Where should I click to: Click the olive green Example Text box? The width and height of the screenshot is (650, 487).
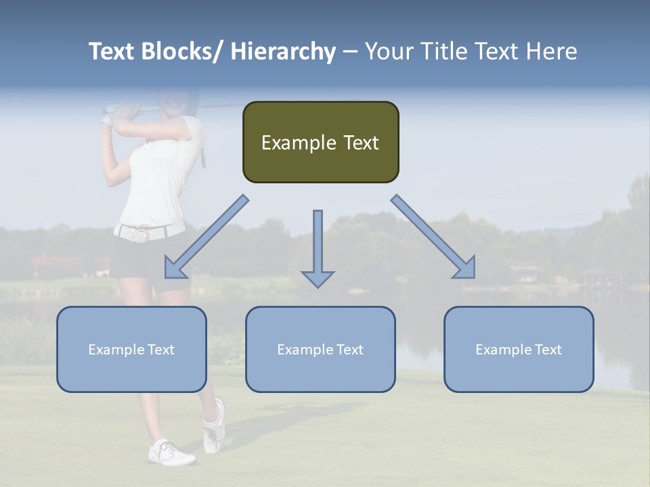pos(320,142)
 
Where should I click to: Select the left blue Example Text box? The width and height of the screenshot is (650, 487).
pos(131,349)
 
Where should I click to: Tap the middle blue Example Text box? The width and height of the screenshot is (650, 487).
pos(320,349)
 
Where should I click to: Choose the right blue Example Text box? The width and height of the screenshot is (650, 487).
pos(519,349)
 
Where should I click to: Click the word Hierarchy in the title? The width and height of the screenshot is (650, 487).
pos(283,51)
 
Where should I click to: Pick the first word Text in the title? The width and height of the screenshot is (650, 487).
pos(111,51)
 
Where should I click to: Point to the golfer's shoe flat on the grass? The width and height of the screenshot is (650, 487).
pos(171,453)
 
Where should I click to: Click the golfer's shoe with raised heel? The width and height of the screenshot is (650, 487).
pos(215,426)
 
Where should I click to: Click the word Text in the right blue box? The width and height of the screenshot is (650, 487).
pos(548,349)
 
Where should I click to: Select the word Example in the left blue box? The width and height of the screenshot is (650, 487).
pos(116,349)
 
